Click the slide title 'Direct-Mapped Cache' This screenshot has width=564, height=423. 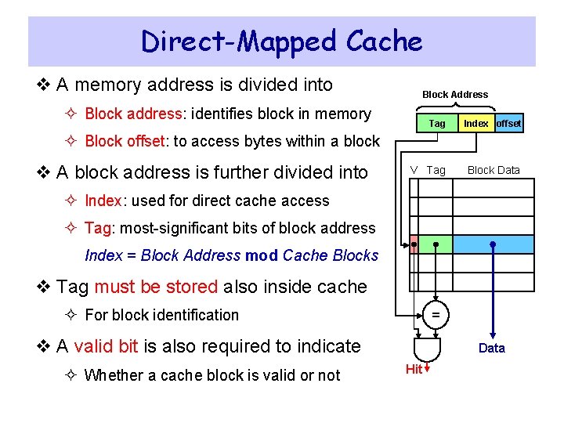[281, 41]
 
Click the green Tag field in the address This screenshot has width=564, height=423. [436, 123]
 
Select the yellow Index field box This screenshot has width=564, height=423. [475, 123]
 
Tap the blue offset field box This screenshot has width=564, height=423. [508, 123]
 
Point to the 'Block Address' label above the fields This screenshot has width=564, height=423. [454, 95]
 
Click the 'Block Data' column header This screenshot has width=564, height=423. [493, 170]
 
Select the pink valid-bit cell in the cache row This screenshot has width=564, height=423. [414, 244]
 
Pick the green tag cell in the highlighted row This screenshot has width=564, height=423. [436, 244]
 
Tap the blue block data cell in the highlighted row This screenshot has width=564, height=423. [493, 244]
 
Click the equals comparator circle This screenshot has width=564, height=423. [436, 314]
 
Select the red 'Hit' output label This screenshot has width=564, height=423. [414, 369]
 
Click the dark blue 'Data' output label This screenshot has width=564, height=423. [492, 349]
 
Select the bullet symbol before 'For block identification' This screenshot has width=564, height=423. [73, 315]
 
